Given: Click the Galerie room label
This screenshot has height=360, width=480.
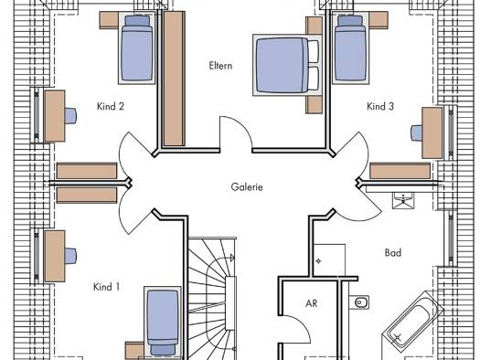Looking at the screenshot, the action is pyautogui.click(x=247, y=186).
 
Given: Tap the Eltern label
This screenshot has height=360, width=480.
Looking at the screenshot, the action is pyautogui.click(x=220, y=66).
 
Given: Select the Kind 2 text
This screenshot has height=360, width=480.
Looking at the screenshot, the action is pyautogui.click(x=111, y=106).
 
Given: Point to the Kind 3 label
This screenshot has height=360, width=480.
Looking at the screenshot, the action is pyautogui.click(x=380, y=106).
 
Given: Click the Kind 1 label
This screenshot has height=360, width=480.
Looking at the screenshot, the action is pyautogui.click(x=106, y=287).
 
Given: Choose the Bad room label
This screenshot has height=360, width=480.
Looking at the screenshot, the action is pyautogui.click(x=393, y=253).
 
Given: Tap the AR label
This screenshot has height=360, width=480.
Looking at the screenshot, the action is pyautogui.click(x=312, y=303).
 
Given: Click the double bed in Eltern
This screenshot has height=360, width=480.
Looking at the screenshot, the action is pyautogui.click(x=287, y=65).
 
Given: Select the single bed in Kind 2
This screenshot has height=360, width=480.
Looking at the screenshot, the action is pyautogui.click(x=137, y=48).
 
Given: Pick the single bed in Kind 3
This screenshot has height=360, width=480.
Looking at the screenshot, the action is pyautogui.click(x=350, y=48).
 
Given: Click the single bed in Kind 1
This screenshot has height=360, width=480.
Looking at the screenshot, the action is pyautogui.click(x=162, y=322).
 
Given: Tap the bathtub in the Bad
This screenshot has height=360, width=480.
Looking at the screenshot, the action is pyautogui.click(x=412, y=322).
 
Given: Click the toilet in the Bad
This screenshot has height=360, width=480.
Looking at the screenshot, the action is pyautogui.click(x=359, y=302).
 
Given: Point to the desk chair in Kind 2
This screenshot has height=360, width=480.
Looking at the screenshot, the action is pyautogui.click(x=70, y=116).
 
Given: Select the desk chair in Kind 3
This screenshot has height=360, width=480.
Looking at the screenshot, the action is pyautogui.click(x=417, y=133).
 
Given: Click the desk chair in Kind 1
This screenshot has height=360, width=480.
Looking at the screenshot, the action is pyautogui.click(x=70, y=256).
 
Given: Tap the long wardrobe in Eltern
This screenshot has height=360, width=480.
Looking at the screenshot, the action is pyautogui.click(x=174, y=79).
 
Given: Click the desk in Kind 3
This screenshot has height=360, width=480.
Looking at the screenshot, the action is pyautogui.click(x=432, y=132).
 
